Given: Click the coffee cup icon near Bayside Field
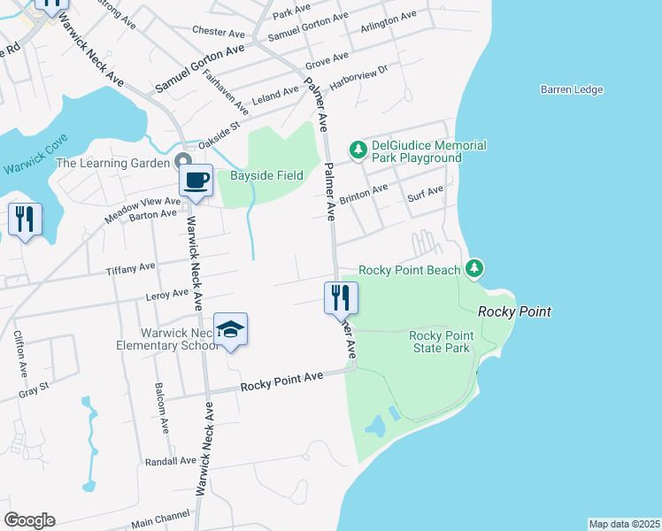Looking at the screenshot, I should click(195, 181).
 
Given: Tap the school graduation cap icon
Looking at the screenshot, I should click(230, 330).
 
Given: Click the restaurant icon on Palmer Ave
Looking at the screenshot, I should click(341, 298).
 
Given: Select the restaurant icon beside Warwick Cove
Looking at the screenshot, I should click(24, 219).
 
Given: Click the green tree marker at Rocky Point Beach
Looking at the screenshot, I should click(475, 267).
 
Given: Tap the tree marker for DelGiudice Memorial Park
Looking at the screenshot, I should click(358, 150).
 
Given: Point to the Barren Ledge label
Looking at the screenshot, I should click(572, 89).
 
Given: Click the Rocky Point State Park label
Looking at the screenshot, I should click(440, 342).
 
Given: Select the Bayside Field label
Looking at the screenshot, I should click(266, 175).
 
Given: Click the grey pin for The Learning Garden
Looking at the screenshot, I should click(183, 162).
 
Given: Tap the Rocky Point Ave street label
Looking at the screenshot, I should click(282, 381).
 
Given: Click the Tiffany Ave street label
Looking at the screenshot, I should click(130, 267).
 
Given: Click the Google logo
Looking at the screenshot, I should click(29, 520).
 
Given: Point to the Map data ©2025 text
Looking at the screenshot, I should click(624, 523).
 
